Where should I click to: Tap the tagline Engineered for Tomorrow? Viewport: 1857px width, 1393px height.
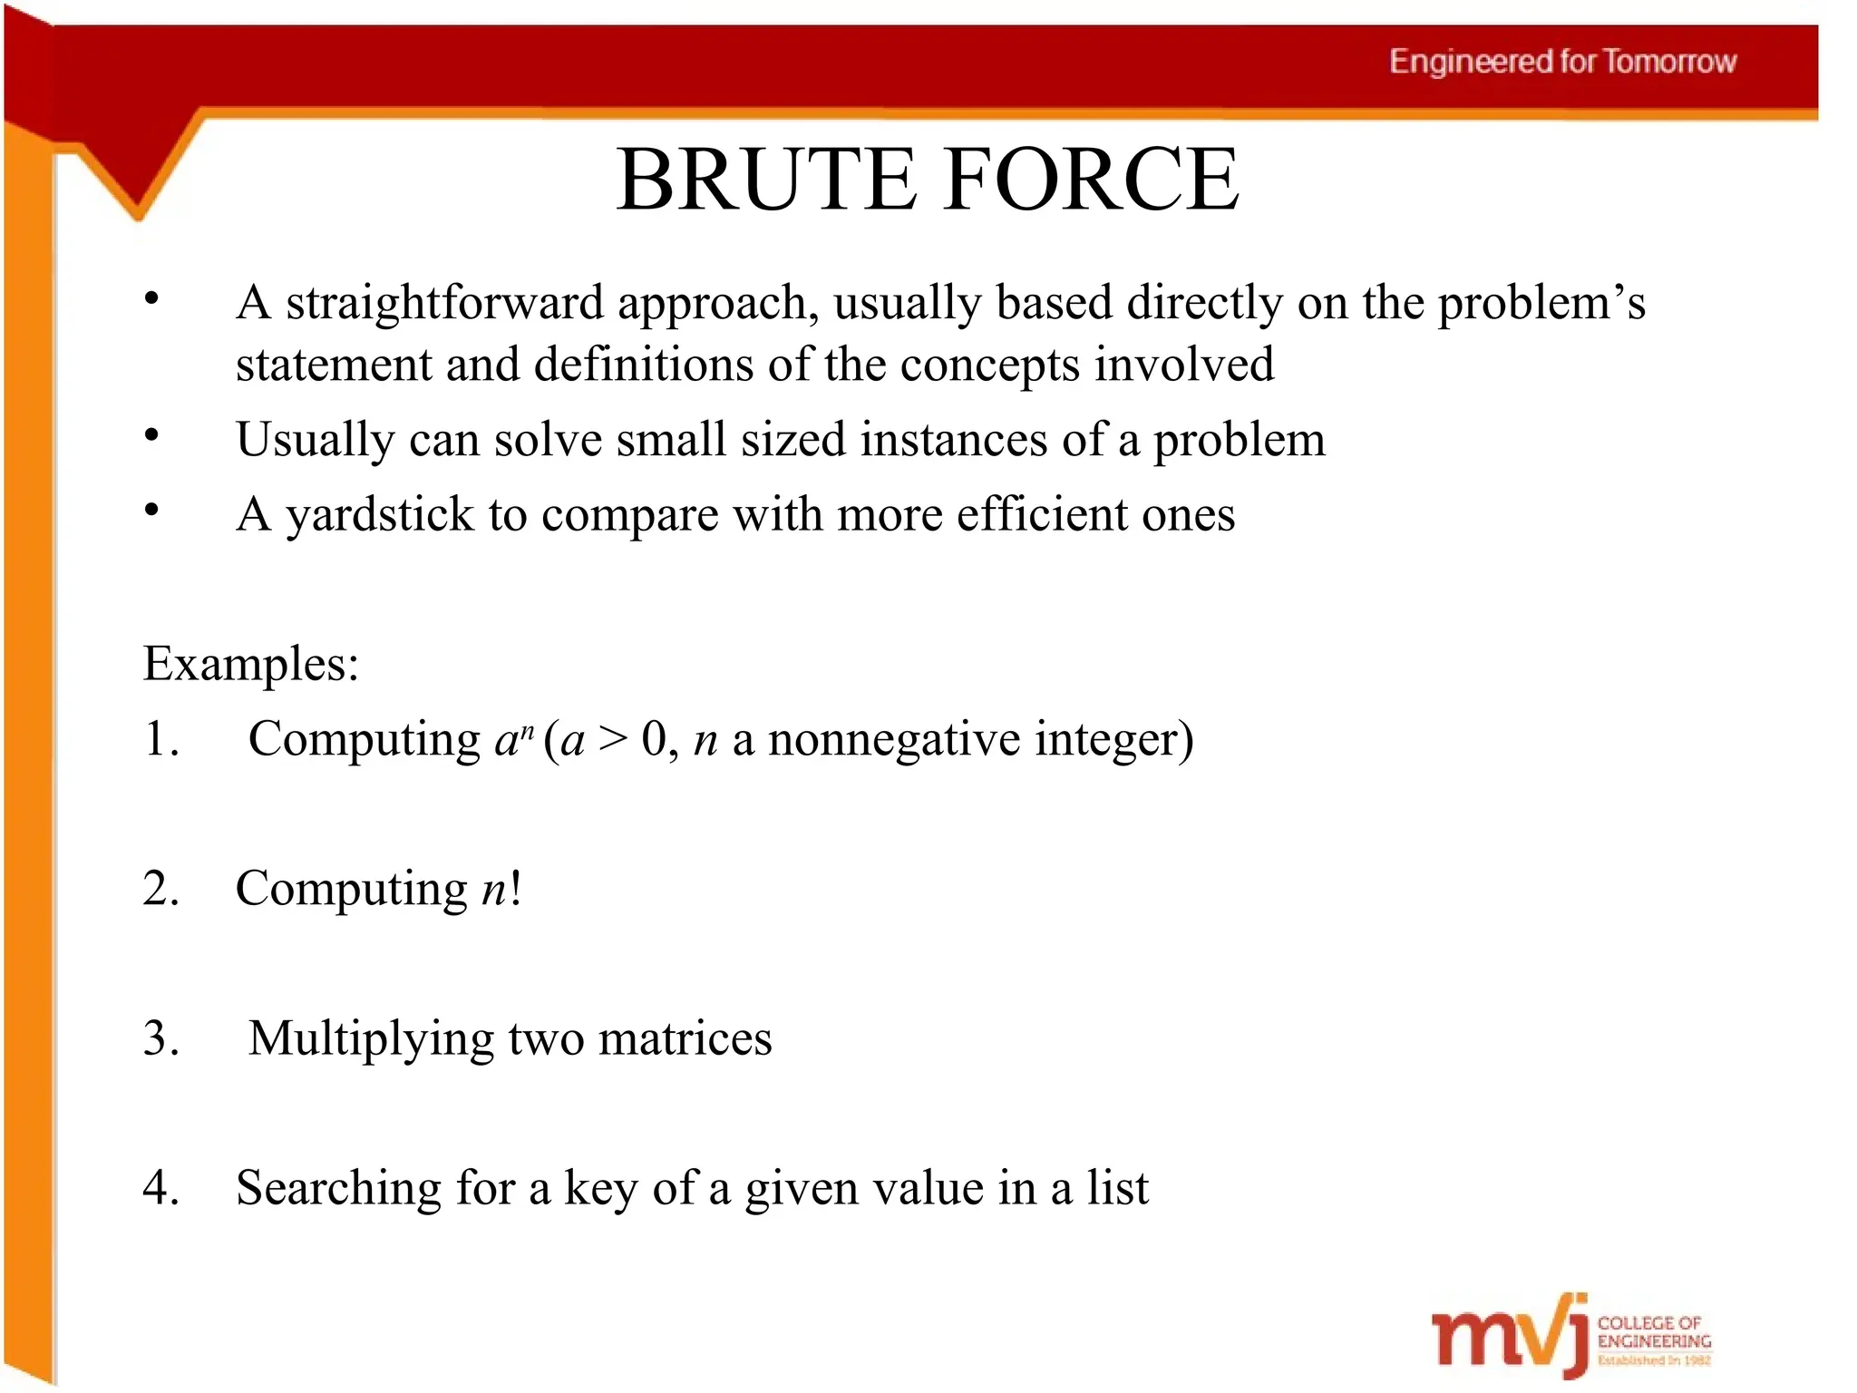pyautogui.click(x=1562, y=62)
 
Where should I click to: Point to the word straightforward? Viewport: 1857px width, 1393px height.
pyautogui.click(x=444, y=303)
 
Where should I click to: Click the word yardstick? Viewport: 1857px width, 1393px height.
pyautogui.click(x=379, y=515)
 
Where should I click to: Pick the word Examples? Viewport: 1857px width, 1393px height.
pyautogui.click(x=250, y=665)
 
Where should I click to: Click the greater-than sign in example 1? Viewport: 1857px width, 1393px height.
pyautogui.click(x=612, y=740)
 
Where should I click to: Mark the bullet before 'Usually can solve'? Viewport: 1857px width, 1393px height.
pyautogui.click(x=151, y=436)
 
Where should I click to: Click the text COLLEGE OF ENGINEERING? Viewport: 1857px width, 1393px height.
pyautogui.click(x=1653, y=1332)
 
